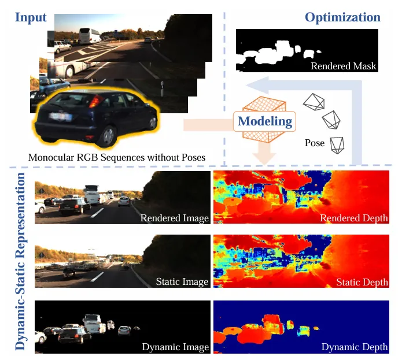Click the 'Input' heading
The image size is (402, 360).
point(31,17)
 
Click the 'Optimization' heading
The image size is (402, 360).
point(342,17)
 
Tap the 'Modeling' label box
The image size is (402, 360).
point(265,121)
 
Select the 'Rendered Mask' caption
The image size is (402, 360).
point(343,66)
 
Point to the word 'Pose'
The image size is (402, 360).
point(315,143)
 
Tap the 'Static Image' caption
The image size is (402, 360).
point(182,281)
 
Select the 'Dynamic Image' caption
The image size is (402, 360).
point(175,347)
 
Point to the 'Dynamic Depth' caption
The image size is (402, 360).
point(354,347)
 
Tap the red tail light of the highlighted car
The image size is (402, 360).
point(96,102)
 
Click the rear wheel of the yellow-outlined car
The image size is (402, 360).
point(108,136)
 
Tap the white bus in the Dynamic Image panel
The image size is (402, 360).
point(94,323)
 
